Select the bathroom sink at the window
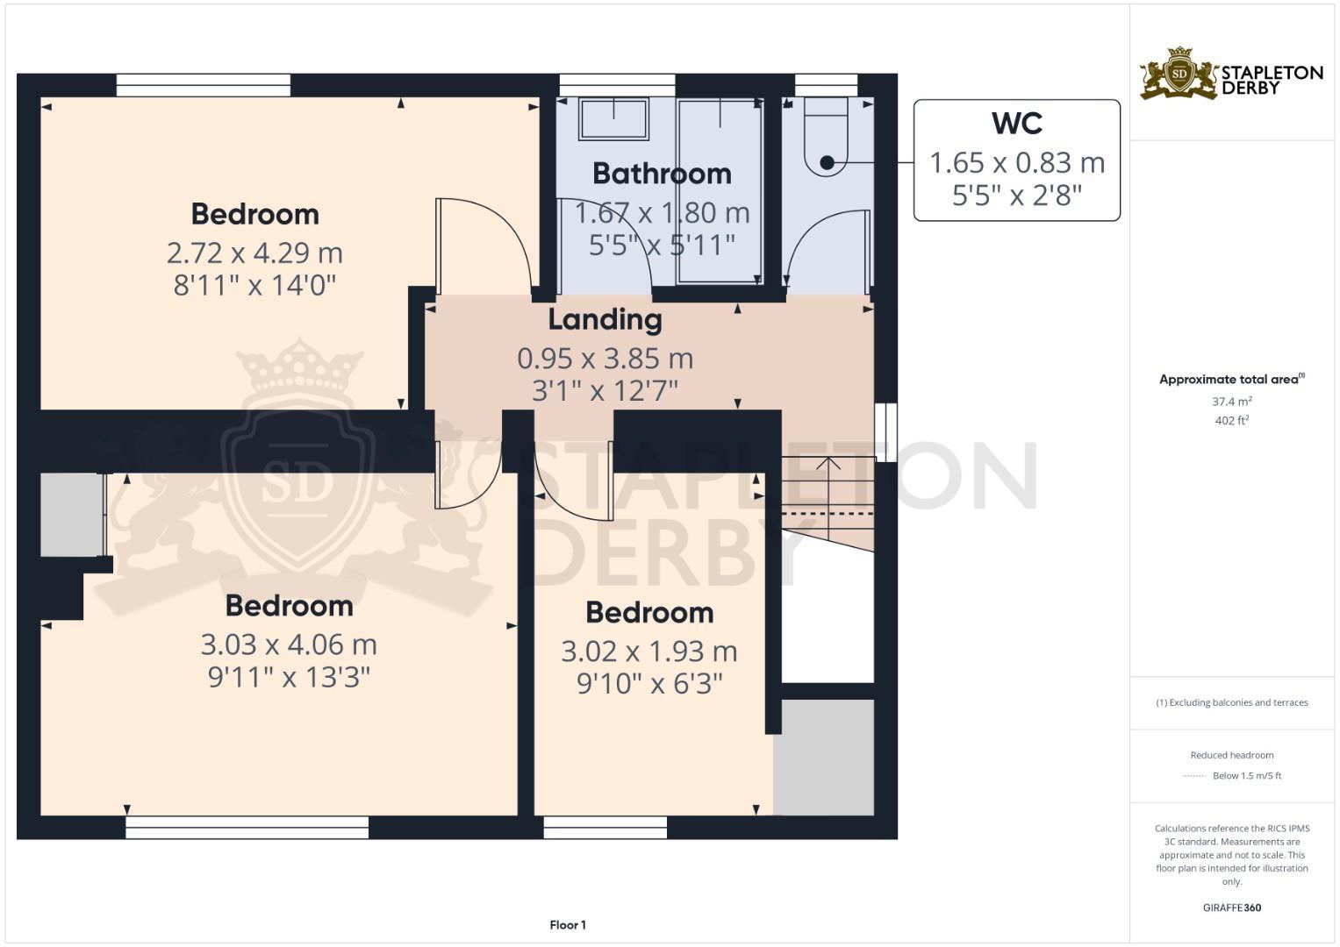point(613,118)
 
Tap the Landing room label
point(605,320)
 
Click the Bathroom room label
point(662,174)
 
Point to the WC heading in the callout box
point(1016,124)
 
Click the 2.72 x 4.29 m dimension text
point(254,253)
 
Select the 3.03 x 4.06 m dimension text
point(289,645)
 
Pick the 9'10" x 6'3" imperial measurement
point(649,684)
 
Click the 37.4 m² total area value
point(1231,402)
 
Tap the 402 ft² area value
point(1231,421)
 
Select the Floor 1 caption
point(568,925)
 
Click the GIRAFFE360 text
point(1231,908)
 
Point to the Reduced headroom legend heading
point(1231,755)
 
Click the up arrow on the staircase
point(828,465)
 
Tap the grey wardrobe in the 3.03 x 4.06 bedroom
point(72,515)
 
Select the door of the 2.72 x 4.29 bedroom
point(483,246)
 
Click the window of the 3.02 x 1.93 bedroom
point(605,827)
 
